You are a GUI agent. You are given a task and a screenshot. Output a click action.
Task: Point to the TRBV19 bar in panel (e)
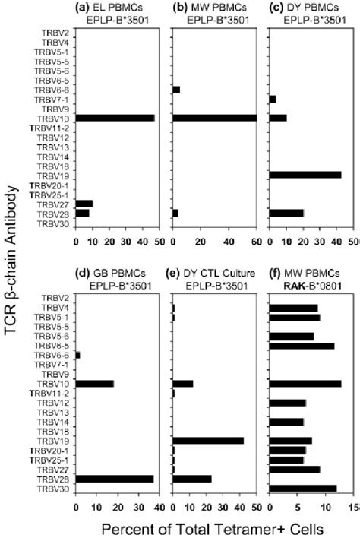pyautogui.click(x=209, y=440)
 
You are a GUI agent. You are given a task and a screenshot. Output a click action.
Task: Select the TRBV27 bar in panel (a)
pyautogui.click(x=84, y=204)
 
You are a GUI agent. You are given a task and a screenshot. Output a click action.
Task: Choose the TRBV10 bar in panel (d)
pyautogui.click(x=95, y=383)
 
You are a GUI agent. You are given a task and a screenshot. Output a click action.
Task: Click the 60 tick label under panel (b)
pyautogui.click(x=256, y=242)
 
